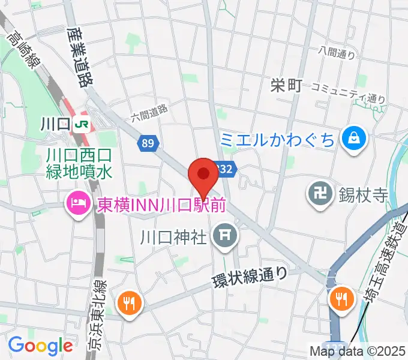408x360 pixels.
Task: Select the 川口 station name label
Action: click(x=55, y=125)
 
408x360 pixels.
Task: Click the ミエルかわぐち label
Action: click(x=277, y=140)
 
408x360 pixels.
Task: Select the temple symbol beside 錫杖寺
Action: click(x=317, y=193)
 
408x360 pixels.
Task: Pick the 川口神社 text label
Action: click(x=173, y=235)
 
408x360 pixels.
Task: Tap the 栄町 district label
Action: click(x=285, y=86)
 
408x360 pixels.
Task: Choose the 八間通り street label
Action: click(x=337, y=53)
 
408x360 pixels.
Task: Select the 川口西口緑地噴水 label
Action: click(x=79, y=164)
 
